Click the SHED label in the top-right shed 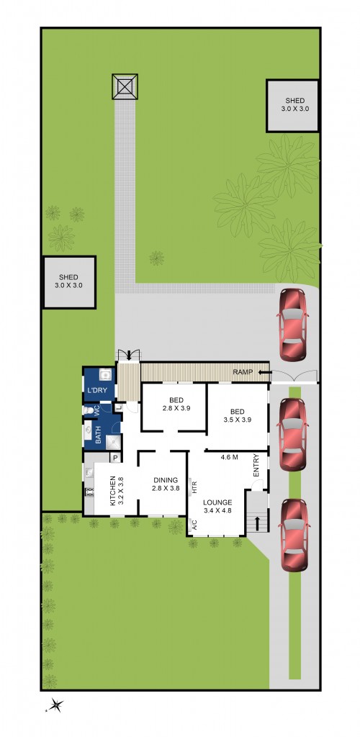point(294,101)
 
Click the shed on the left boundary point(69,282)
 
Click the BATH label point(98,434)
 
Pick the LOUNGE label point(217,502)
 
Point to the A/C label point(194,525)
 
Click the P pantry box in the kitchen point(114,458)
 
